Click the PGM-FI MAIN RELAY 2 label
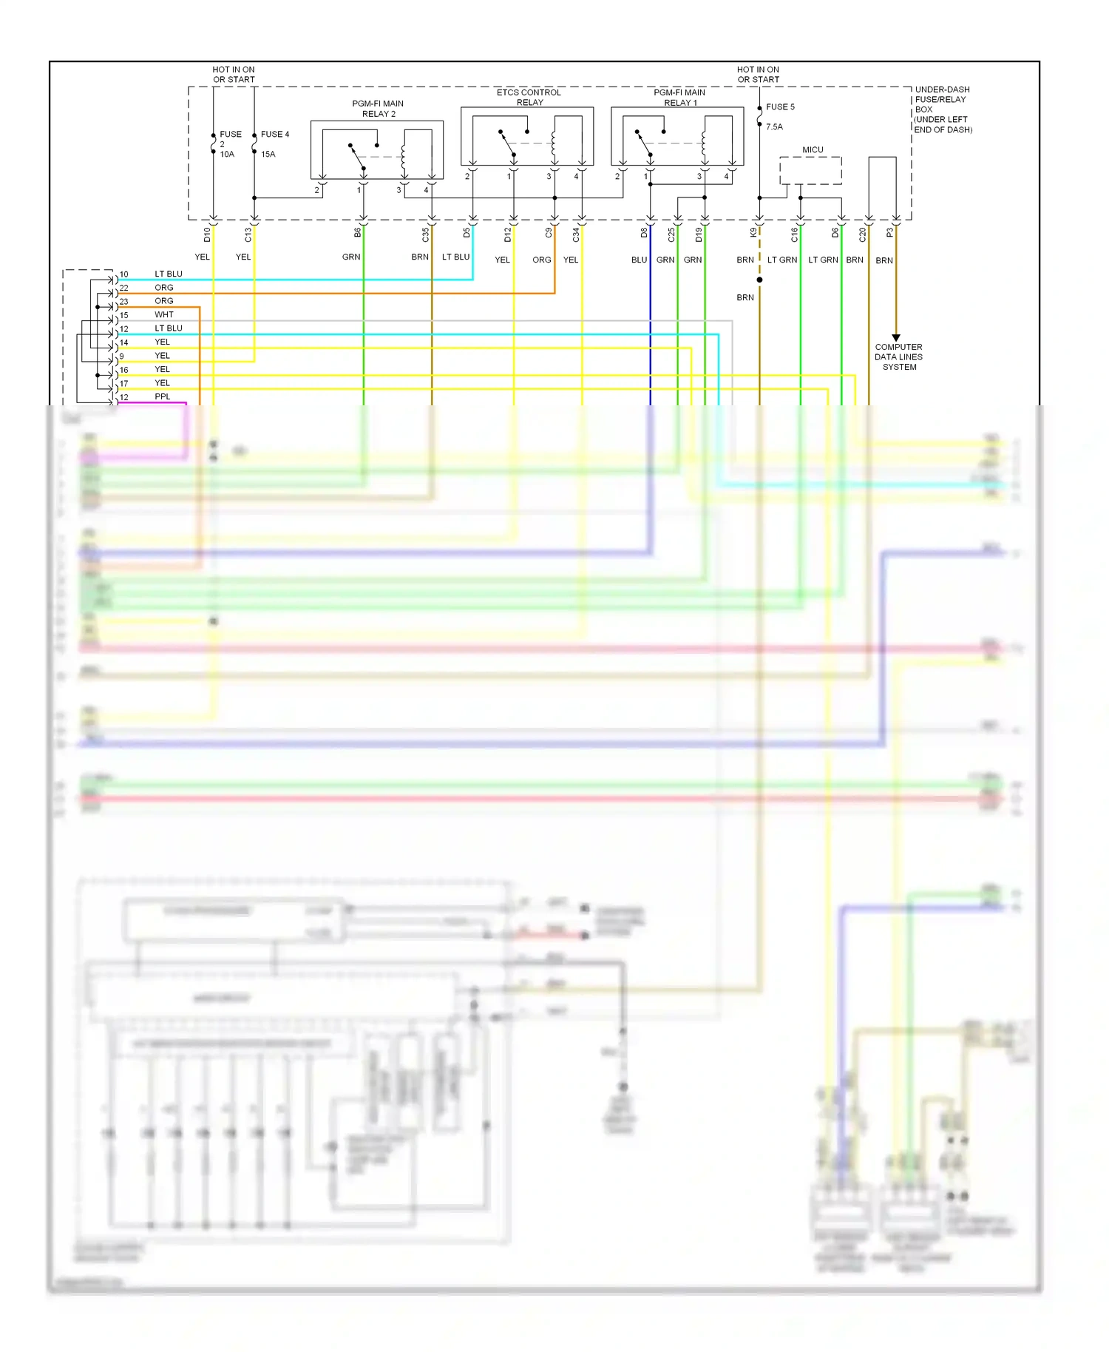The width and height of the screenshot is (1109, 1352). (x=378, y=109)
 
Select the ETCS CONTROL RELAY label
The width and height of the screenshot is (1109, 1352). (x=529, y=98)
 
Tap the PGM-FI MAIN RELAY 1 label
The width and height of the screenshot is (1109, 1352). (x=679, y=98)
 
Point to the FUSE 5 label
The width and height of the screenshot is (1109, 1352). (x=780, y=107)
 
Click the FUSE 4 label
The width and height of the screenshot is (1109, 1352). (x=275, y=135)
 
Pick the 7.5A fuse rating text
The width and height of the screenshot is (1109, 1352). (x=774, y=127)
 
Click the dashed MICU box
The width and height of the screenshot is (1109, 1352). (x=810, y=171)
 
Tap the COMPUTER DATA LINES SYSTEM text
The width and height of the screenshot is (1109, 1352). (x=898, y=357)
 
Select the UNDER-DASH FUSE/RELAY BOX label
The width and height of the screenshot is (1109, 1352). (x=942, y=109)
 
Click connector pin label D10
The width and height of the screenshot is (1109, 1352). (x=207, y=234)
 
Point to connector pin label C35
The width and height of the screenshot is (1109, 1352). (x=425, y=234)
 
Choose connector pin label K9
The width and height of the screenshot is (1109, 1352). (x=753, y=233)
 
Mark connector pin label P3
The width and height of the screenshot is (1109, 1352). (x=889, y=233)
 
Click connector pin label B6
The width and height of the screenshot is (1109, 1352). (x=357, y=233)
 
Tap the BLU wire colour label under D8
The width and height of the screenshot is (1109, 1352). (x=639, y=260)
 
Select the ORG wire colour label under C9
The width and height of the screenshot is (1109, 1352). (x=541, y=260)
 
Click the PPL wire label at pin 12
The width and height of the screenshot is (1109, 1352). (x=163, y=397)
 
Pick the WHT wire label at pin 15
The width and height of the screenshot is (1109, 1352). (x=164, y=315)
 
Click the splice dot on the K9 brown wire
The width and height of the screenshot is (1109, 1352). (x=759, y=280)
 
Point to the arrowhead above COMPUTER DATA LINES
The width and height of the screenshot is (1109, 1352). (x=896, y=337)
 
